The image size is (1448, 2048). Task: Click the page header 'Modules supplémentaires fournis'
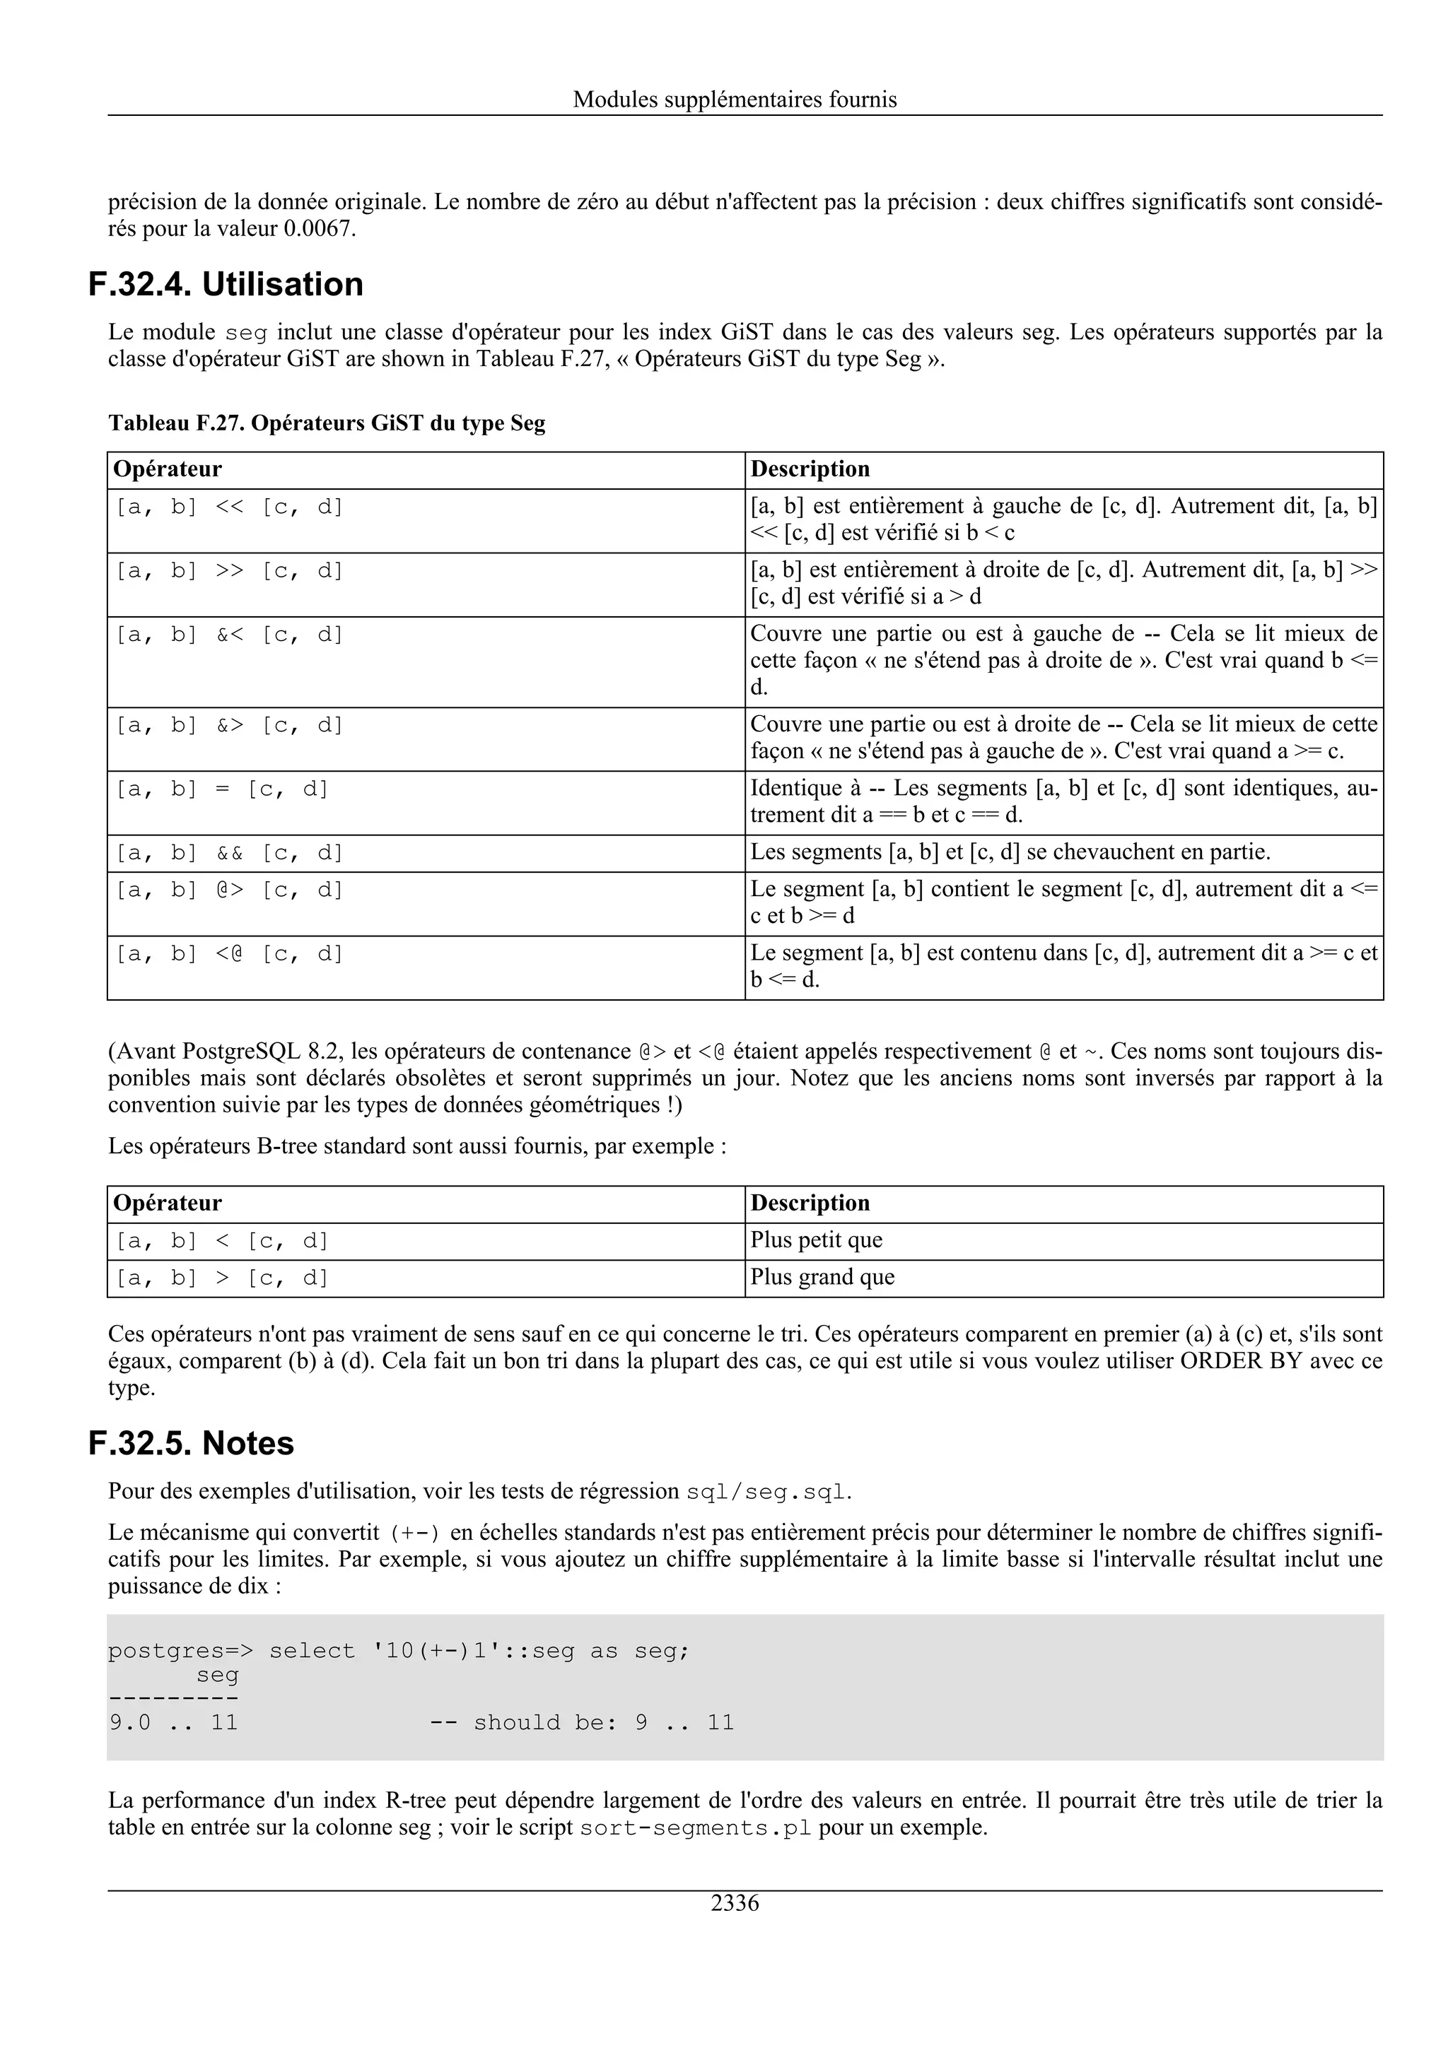click(x=735, y=99)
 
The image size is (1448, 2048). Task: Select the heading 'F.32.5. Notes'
click(x=191, y=1443)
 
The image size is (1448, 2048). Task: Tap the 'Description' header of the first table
click(x=810, y=469)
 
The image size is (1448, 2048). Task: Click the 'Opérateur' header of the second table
click(x=168, y=1204)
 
